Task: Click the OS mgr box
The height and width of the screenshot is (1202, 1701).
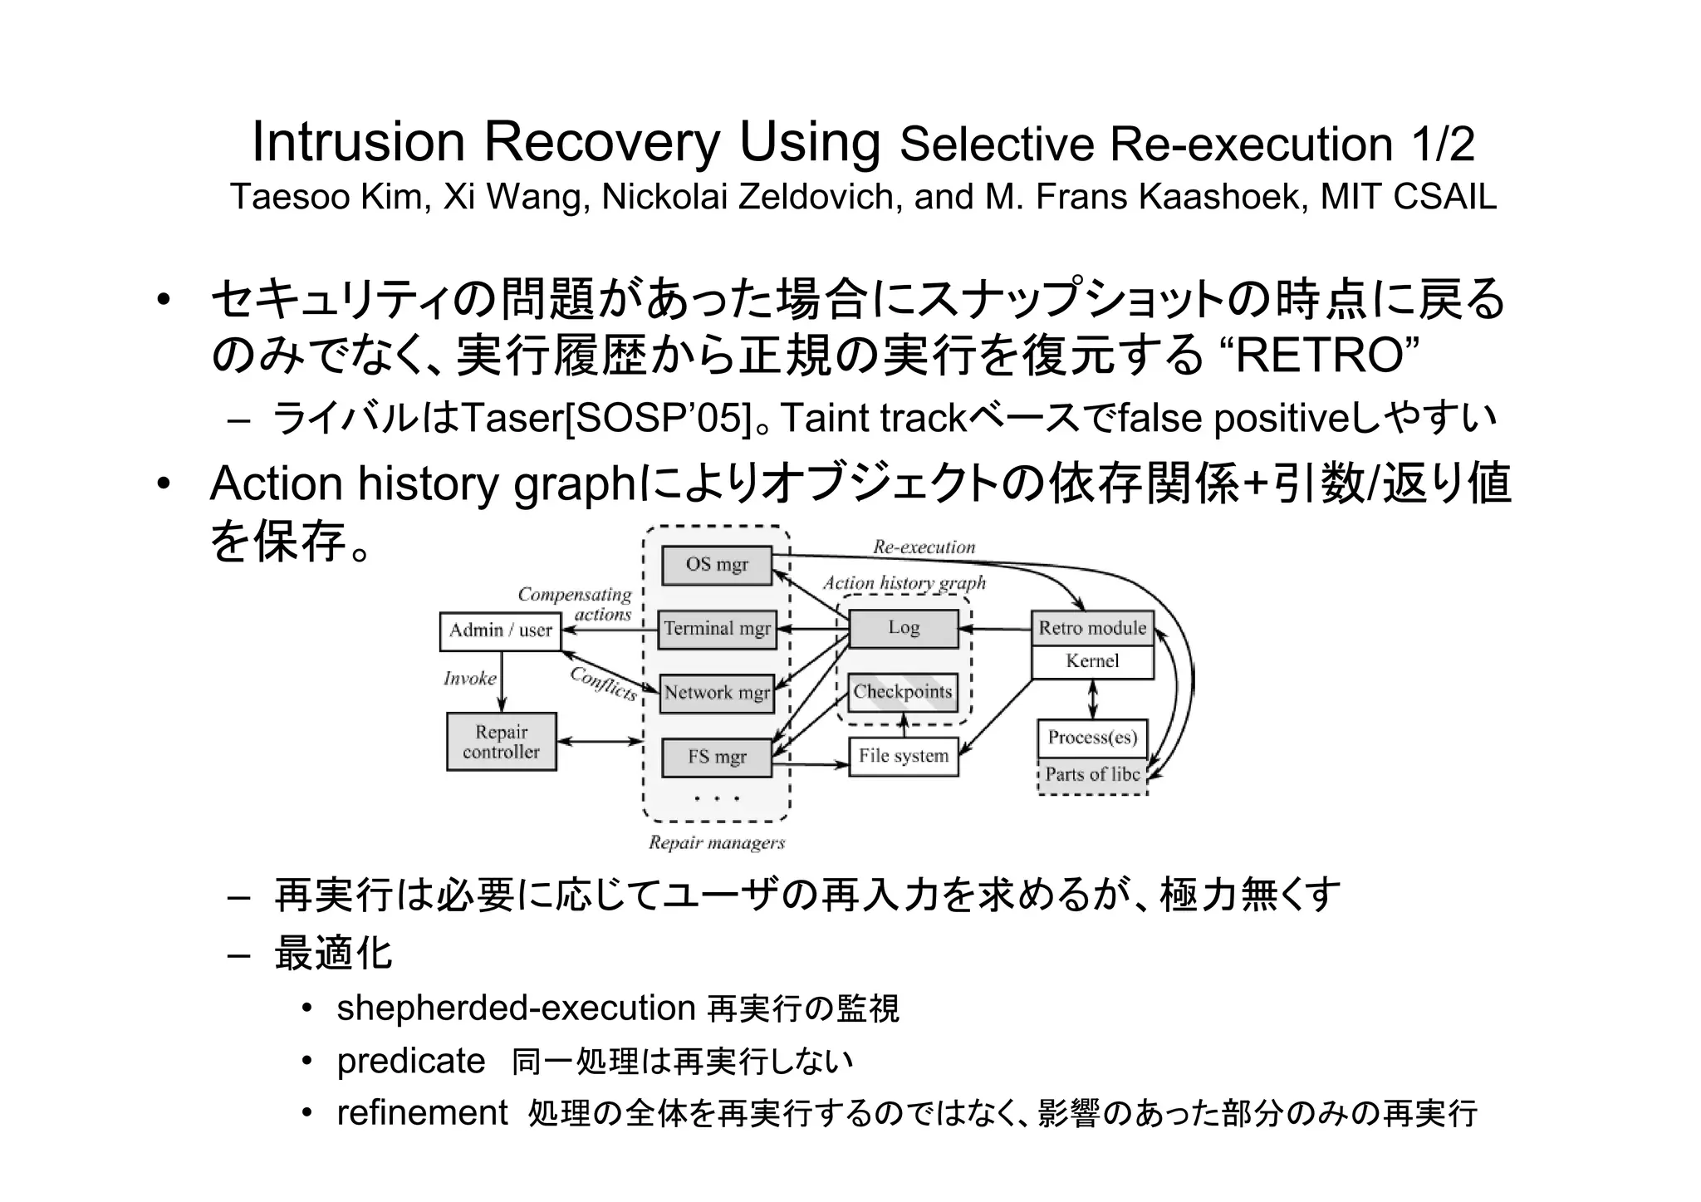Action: click(x=717, y=565)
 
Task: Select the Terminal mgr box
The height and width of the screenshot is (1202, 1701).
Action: click(x=717, y=629)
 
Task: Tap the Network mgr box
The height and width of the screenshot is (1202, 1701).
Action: click(x=717, y=693)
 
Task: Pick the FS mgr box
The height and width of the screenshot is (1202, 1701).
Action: click(x=717, y=757)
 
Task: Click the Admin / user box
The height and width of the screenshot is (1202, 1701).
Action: click(x=500, y=630)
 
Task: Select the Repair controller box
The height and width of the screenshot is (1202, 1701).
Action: click(x=501, y=742)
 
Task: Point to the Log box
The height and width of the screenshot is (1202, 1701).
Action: click(x=903, y=628)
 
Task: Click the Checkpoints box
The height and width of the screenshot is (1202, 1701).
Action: click(x=903, y=692)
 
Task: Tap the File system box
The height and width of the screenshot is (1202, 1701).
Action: click(x=903, y=756)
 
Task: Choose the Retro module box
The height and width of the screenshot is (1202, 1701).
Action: click(x=1092, y=629)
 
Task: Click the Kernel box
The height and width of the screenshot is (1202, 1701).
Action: click(x=1092, y=661)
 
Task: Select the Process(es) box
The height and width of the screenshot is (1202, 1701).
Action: click(x=1092, y=738)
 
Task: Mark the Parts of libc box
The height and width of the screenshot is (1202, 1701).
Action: click(x=1092, y=775)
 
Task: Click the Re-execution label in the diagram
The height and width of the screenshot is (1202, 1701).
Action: click(x=924, y=547)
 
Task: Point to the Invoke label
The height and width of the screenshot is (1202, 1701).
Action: click(x=469, y=679)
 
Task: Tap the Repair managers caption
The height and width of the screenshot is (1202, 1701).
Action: click(x=716, y=843)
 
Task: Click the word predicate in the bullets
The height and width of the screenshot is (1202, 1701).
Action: click(x=411, y=1061)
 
